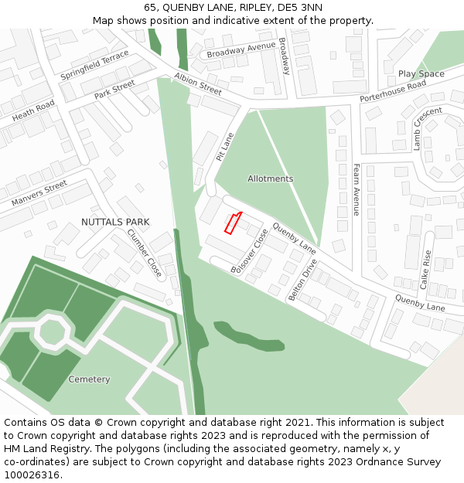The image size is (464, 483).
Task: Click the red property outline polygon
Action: tap(233, 223)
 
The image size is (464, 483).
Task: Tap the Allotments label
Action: tap(270, 179)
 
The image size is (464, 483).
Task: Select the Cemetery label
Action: tap(89, 379)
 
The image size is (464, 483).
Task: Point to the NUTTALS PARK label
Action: tap(115, 222)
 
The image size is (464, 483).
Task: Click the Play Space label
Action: tap(421, 74)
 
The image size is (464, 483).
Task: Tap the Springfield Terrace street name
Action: tap(94, 66)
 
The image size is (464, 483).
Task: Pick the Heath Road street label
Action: tap(33, 111)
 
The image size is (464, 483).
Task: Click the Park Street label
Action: tap(114, 89)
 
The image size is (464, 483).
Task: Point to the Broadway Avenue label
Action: tap(241, 49)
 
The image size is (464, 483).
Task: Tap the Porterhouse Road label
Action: tap(393, 91)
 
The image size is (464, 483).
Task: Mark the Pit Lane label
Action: tap(223, 147)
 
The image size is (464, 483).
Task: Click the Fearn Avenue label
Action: tap(356, 189)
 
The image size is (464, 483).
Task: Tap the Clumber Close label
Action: tap(145, 253)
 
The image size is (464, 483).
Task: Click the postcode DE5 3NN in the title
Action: tap(302, 8)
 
